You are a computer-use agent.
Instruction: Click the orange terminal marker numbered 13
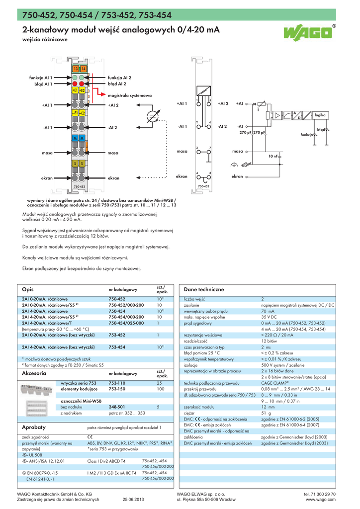coord(75,68)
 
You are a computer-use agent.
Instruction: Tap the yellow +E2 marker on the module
coord(83,90)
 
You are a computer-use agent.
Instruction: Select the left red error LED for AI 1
coord(75,84)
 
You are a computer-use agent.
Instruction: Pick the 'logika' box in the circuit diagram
coord(320,115)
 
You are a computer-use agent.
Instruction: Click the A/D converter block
coord(296,115)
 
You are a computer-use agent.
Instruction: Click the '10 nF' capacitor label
coord(273,156)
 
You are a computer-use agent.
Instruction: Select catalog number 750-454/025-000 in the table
coord(127,323)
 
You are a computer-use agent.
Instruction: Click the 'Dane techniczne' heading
coord(204,289)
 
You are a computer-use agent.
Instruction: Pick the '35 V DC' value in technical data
coord(269,317)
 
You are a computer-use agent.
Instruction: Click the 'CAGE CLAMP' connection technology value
coord(274,383)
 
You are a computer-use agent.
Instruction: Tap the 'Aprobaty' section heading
coord(34,427)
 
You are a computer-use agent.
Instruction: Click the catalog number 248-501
coord(116,407)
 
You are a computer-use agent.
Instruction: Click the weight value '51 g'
coord(266,413)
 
